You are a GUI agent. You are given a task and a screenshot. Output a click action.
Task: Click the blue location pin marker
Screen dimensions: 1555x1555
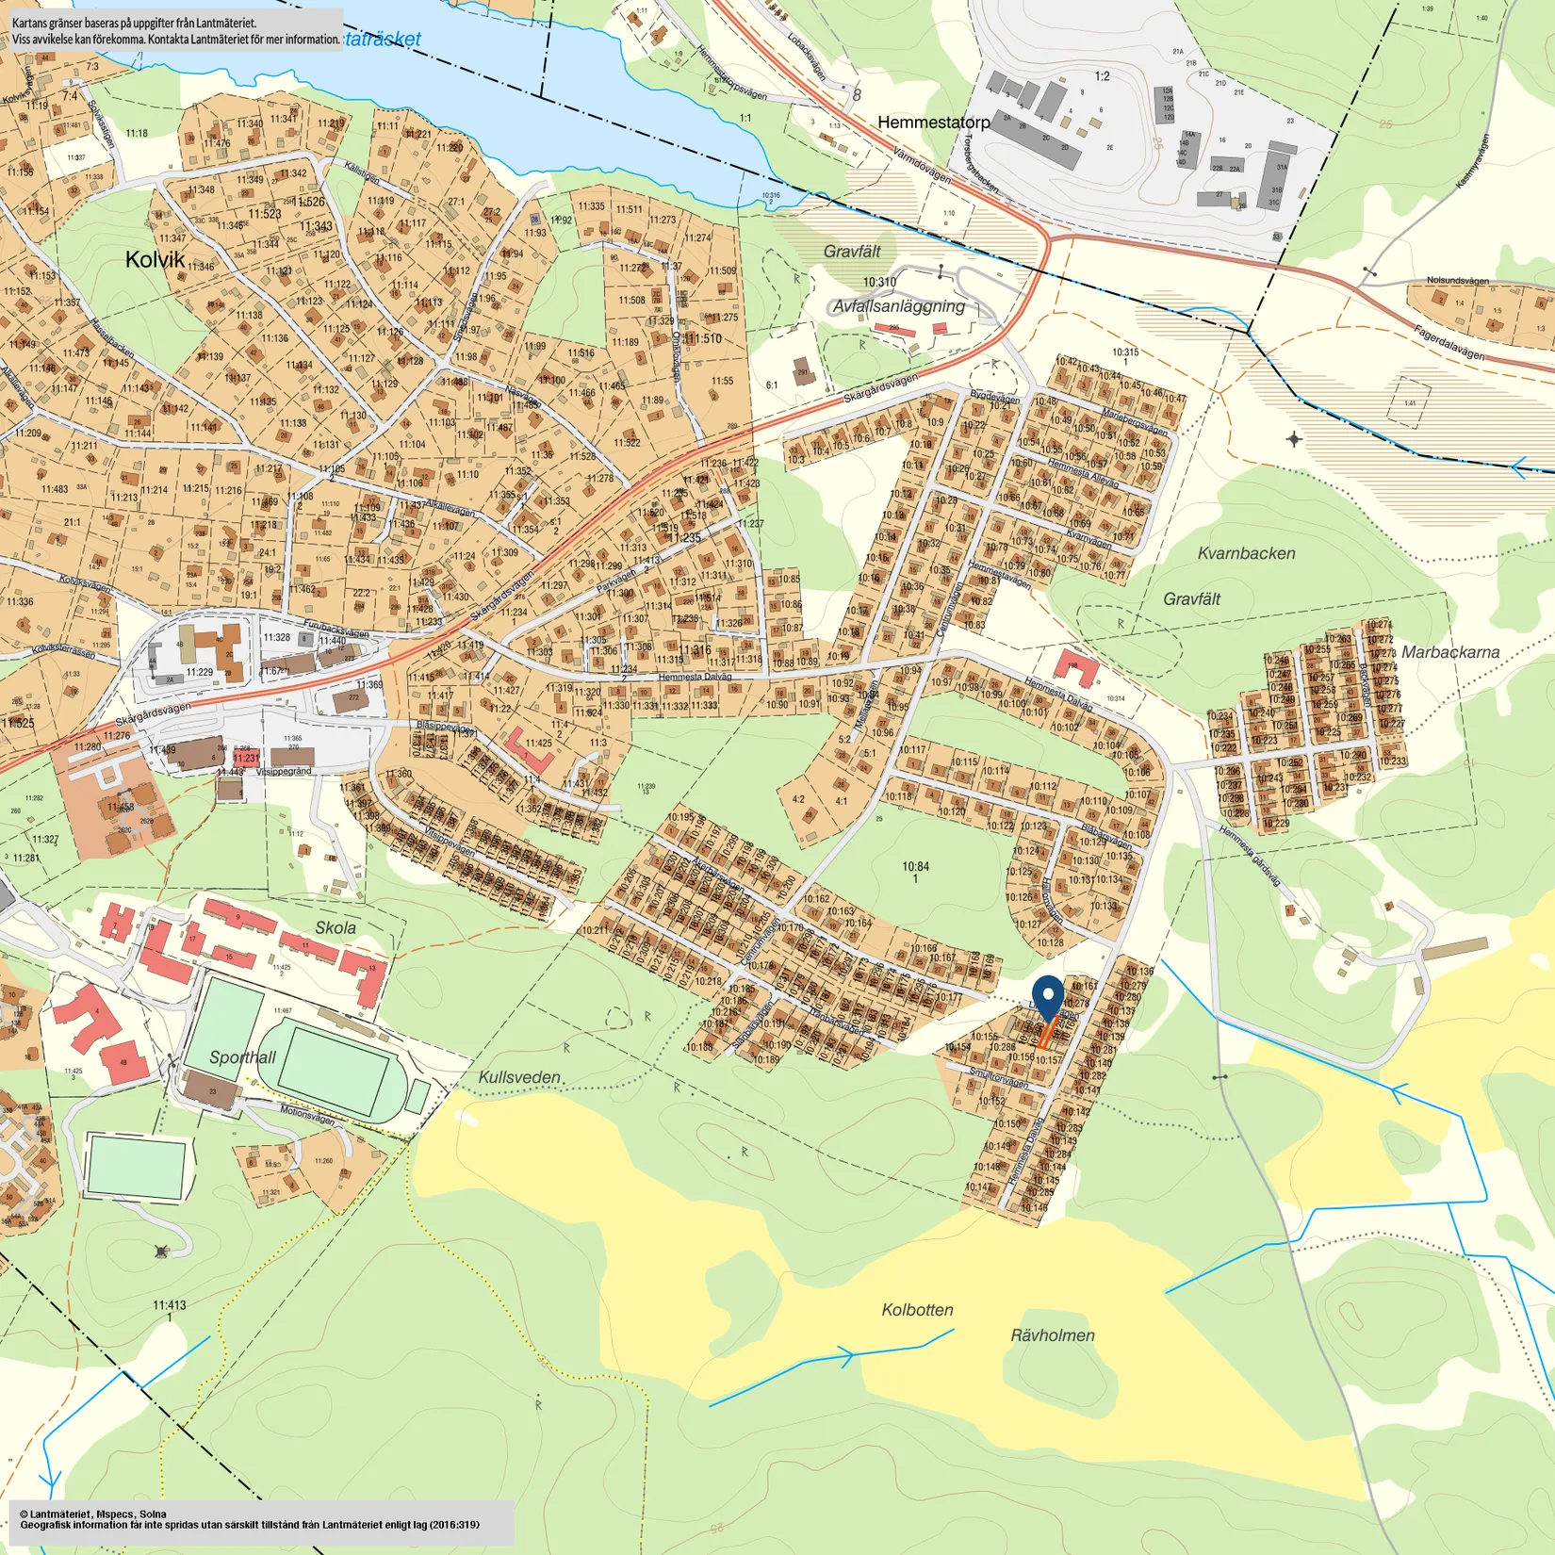(x=1047, y=1000)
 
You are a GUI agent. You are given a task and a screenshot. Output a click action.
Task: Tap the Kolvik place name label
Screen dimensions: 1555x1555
(x=155, y=259)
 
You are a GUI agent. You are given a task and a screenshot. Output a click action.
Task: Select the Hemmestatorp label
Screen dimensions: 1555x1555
(x=933, y=123)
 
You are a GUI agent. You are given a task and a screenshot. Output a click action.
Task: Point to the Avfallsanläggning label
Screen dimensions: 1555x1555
(x=898, y=306)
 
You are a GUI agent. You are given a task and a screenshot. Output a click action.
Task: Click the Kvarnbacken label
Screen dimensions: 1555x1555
(x=1246, y=553)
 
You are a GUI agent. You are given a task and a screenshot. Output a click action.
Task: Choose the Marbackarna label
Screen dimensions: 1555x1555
(x=1449, y=652)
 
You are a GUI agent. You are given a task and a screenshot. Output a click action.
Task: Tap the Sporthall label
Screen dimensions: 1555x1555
(x=242, y=1057)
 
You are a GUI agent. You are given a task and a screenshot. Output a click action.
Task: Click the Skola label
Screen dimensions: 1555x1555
(x=336, y=927)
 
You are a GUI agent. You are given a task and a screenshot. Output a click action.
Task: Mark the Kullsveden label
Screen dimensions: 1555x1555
(x=519, y=1076)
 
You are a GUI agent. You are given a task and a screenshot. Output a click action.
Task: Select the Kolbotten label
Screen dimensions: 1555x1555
(x=917, y=1310)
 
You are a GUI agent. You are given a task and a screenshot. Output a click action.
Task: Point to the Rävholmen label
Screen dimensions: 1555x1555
(x=1053, y=1335)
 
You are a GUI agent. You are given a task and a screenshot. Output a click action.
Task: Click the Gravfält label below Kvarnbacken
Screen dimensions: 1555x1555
(x=1191, y=599)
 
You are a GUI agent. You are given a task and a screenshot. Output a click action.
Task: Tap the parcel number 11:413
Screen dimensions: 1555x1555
(x=170, y=1305)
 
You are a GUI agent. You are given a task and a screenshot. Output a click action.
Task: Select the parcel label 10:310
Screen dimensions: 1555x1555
(x=879, y=283)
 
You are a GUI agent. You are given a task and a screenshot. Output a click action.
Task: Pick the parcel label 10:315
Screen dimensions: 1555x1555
(x=1124, y=352)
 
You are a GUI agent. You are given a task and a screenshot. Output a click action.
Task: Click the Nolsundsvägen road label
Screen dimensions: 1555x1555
(x=1457, y=281)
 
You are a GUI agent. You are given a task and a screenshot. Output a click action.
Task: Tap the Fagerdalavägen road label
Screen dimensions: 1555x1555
(x=1449, y=342)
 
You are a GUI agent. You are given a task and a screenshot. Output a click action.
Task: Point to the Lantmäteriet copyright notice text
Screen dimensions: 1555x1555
(x=250, y=1520)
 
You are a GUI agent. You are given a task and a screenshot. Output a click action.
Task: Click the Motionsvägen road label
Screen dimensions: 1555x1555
(x=307, y=1115)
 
